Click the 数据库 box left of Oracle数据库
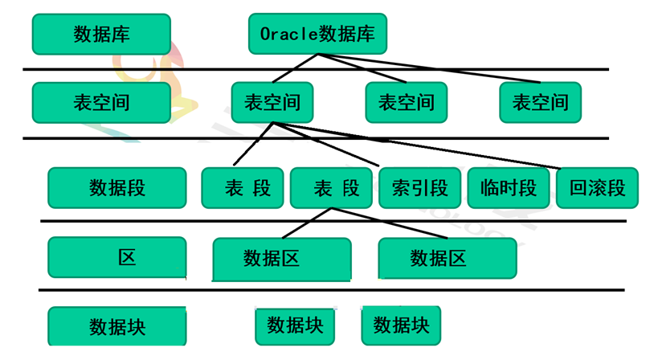click(101, 35)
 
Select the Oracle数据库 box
click(317, 34)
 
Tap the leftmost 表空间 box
click(101, 103)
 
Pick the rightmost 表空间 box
click(540, 102)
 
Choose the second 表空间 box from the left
click(272, 102)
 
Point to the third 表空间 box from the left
click(406, 102)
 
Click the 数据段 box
click(117, 188)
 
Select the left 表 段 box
click(243, 188)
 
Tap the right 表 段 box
click(331, 188)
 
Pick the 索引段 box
click(419, 188)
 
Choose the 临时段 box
click(508, 188)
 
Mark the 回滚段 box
click(597, 188)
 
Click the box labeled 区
click(117, 257)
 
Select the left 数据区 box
click(282, 258)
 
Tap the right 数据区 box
click(448, 258)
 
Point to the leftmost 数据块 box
click(117, 327)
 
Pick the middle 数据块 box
click(295, 325)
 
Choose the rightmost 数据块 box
click(401, 325)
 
